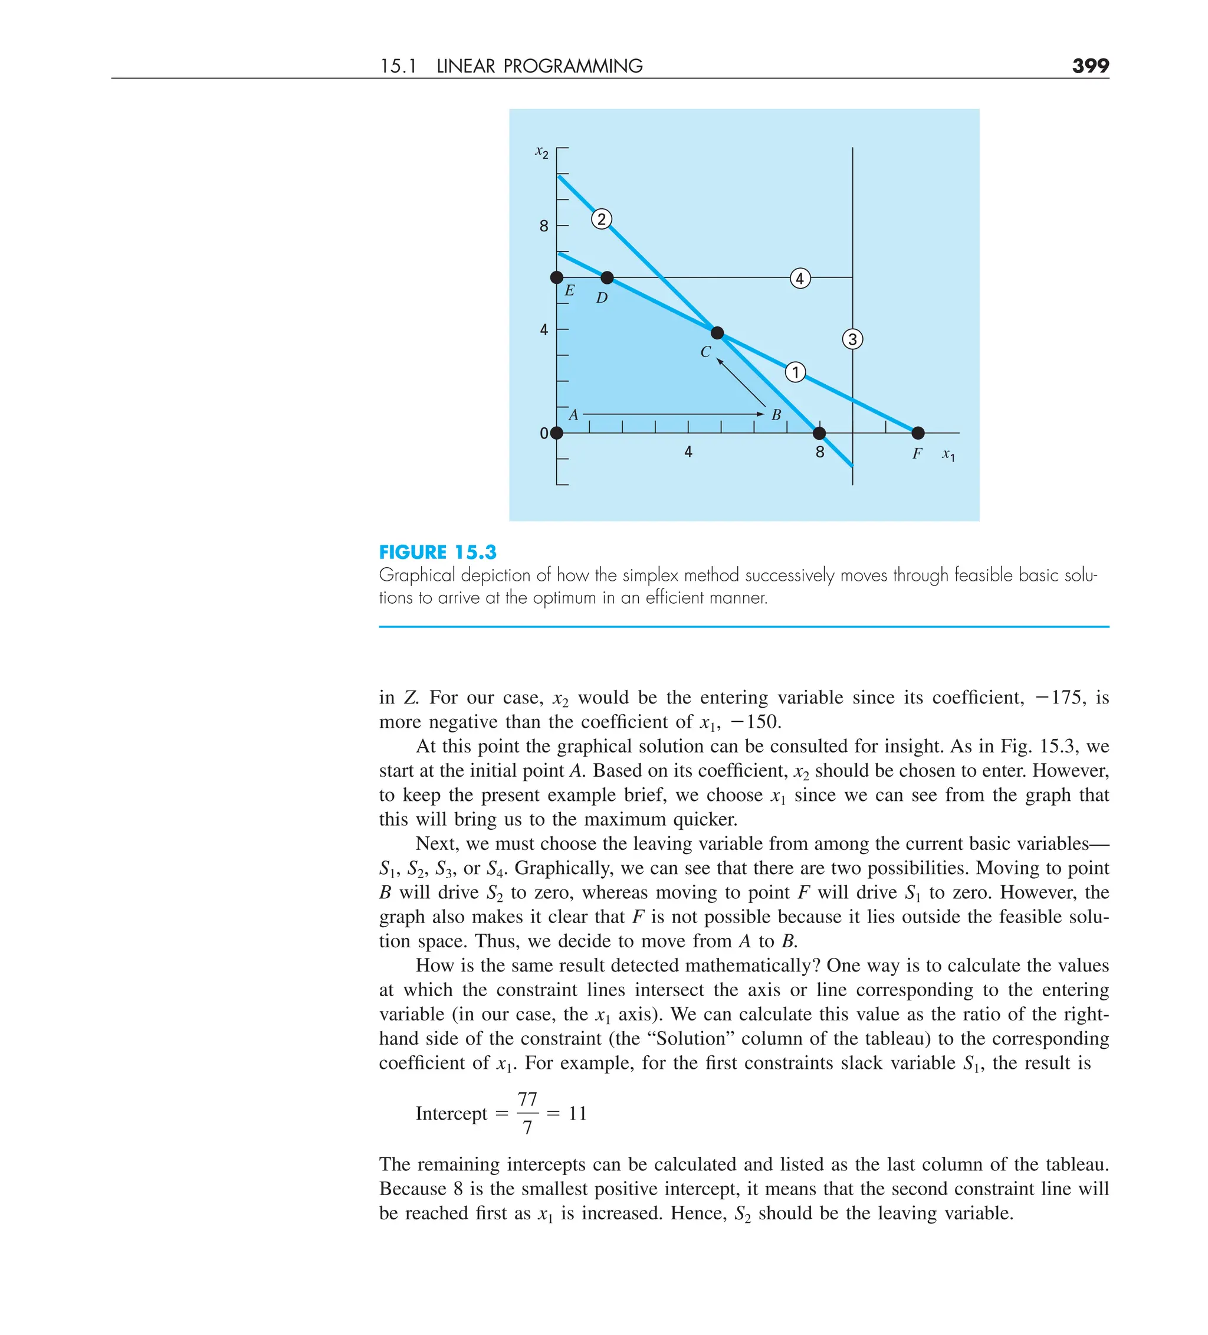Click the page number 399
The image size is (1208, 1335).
tap(1089, 66)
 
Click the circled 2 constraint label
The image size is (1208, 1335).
tap(601, 219)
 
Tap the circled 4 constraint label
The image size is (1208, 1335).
tap(800, 278)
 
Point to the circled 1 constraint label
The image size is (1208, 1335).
tap(795, 372)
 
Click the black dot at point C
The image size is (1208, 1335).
tap(717, 332)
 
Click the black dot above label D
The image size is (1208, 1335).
tap(607, 277)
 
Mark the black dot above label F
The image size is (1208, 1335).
tap(917, 433)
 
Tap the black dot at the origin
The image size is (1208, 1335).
tap(557, 433)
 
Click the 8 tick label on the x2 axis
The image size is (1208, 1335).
tap(544, 227)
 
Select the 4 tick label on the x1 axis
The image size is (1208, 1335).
tap(688, 452)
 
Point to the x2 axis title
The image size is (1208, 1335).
tap(541, 153)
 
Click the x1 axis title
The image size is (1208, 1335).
tap(948, 455)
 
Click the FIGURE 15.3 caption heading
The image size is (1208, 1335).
tap(438, 552)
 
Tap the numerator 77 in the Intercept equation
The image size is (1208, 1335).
tap(527, 1100)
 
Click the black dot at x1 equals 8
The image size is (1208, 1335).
tap(819, 433)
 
